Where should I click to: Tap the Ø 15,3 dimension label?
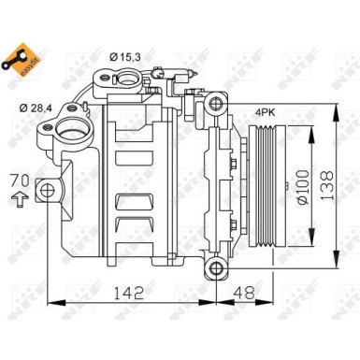124,59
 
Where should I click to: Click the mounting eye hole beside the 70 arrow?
46,194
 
